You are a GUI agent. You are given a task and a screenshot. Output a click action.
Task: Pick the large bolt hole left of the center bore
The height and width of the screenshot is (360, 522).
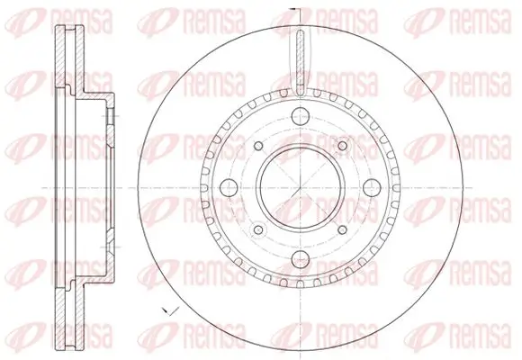227,185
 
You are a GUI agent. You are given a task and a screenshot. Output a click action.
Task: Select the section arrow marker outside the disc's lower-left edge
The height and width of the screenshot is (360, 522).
165,310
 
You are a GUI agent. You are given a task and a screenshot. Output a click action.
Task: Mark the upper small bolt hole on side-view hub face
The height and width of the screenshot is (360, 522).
106,117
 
